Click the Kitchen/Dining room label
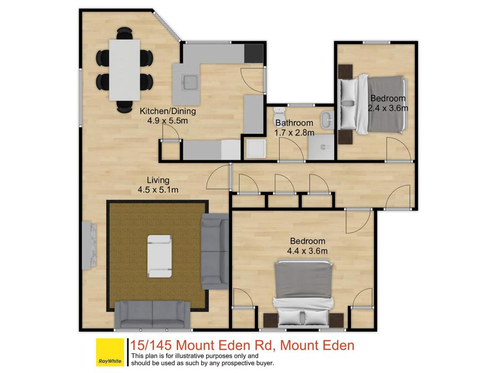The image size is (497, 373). [167, 111]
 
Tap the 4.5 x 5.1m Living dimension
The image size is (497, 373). [158, 190]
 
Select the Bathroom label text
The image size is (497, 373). [294, 123]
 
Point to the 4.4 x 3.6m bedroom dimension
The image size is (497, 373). [307, 251]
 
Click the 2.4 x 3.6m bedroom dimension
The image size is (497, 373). [388, 108]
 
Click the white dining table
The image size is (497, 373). [125, 70]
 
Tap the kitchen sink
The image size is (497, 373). [190, 83]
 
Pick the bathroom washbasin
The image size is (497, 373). [327, 120]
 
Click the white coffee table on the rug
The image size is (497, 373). [160, 256]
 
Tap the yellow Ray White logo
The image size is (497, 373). [110, 353]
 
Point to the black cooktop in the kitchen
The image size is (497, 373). [254, 53]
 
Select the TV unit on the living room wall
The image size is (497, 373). [89, 245]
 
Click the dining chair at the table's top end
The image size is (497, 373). [125, 34]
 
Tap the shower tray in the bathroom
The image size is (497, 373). [321, 147]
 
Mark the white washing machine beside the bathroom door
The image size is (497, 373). [256, 149]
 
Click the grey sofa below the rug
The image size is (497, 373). [152, 314]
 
